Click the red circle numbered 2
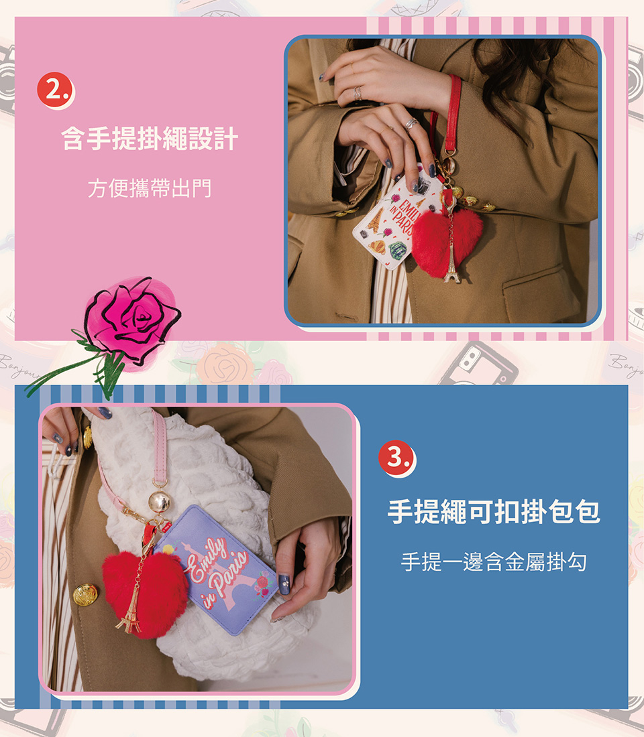[x=56, y=89]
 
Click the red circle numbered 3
[x=396, y=458]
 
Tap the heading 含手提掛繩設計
[x=150, y=139]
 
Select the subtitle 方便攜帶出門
[x=150, y=188]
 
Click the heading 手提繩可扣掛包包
[x=494, y=512]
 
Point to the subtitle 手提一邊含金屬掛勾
[x=494, y=561]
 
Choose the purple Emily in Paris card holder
[x=217, y=569]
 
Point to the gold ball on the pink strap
[x=159, y=502]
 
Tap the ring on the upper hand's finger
[x=358, y=92]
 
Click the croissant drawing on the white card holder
[x=377, y=247]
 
